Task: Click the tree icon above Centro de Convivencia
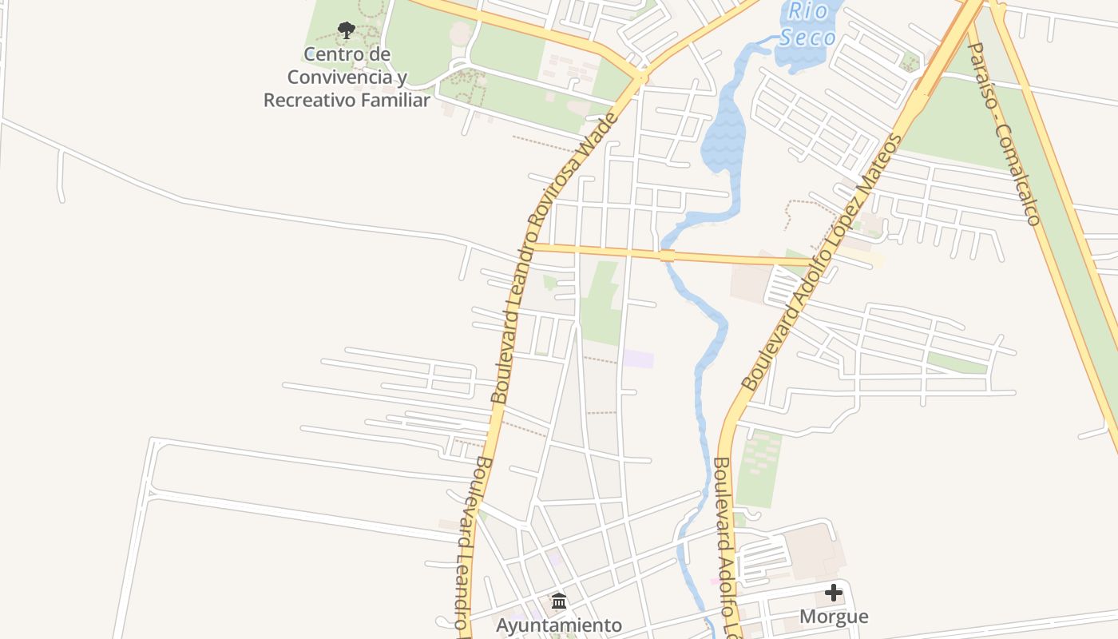point(346,30)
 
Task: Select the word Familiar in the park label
point(394,100)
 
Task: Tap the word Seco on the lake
point(807,38)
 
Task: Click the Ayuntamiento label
point(558,625)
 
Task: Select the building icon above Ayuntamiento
point(559,601)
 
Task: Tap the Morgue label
point(834,617)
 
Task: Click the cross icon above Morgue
point(834,593)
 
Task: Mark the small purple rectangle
point(638,359)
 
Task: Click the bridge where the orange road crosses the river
point(668,256)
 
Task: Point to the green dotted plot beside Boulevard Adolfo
point(759,468)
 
